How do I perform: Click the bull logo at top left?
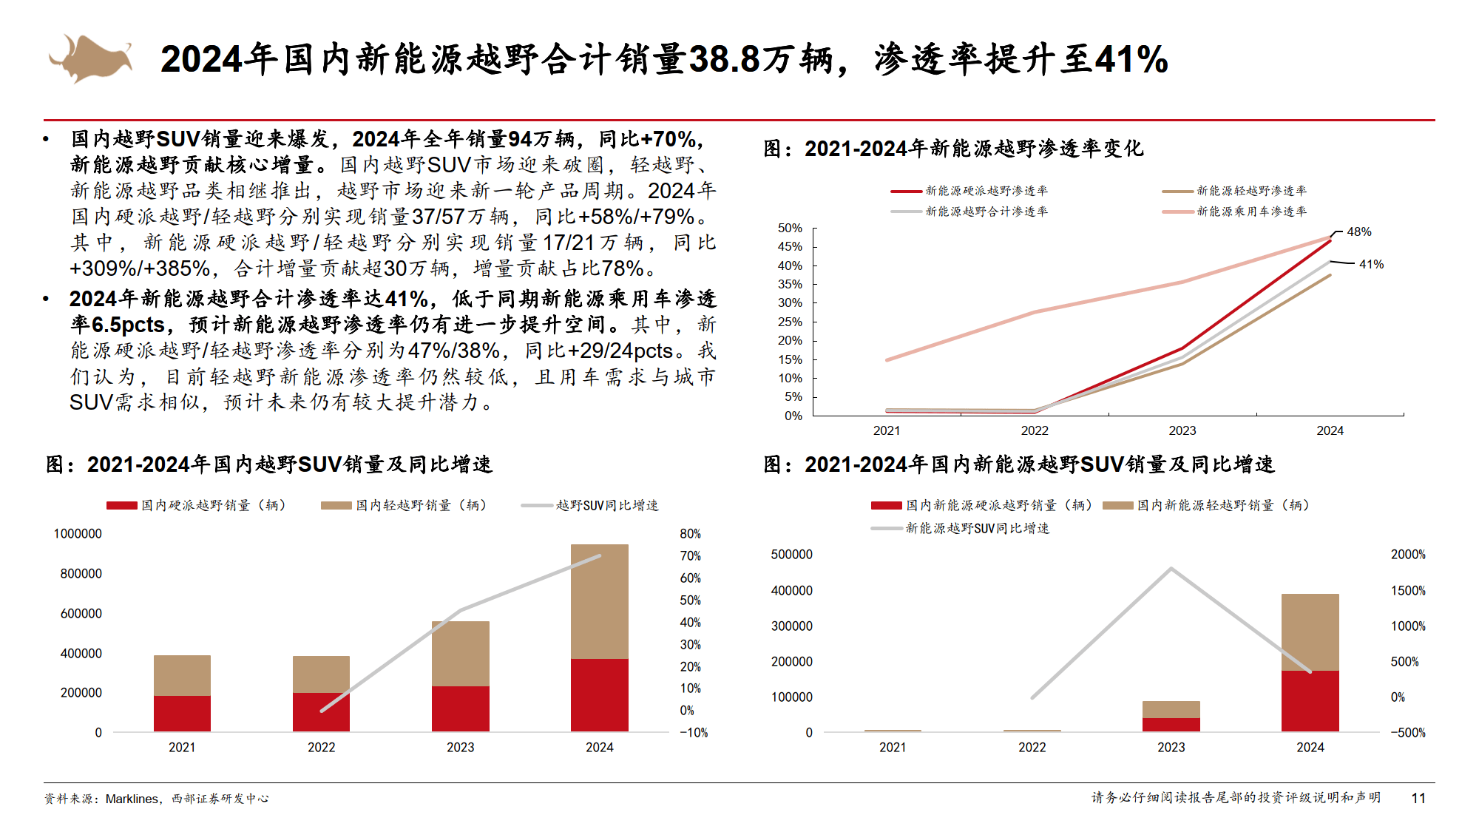pos(90,58)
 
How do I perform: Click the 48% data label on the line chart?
pos(1358,232)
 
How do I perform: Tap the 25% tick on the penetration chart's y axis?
pos(790,322)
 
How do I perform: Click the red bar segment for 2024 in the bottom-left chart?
pos(599,694)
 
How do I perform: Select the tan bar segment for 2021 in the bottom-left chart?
pos(182,674)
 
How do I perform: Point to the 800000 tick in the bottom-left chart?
pos(81,574)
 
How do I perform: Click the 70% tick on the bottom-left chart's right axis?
pos(690,556)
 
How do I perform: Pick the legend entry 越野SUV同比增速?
pos(606,505)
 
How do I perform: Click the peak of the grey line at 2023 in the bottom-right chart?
pos(1171,569)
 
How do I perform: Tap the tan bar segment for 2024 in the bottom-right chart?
pos(1310,632)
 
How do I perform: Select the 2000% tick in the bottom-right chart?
pos(1407,555)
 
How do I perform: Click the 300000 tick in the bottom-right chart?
pos(791,626)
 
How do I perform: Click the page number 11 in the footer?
pos(1418,798)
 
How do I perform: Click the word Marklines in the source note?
pos(132,799)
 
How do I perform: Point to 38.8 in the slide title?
pos(724,59)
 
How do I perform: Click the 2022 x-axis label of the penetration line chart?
pos(1034,431)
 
